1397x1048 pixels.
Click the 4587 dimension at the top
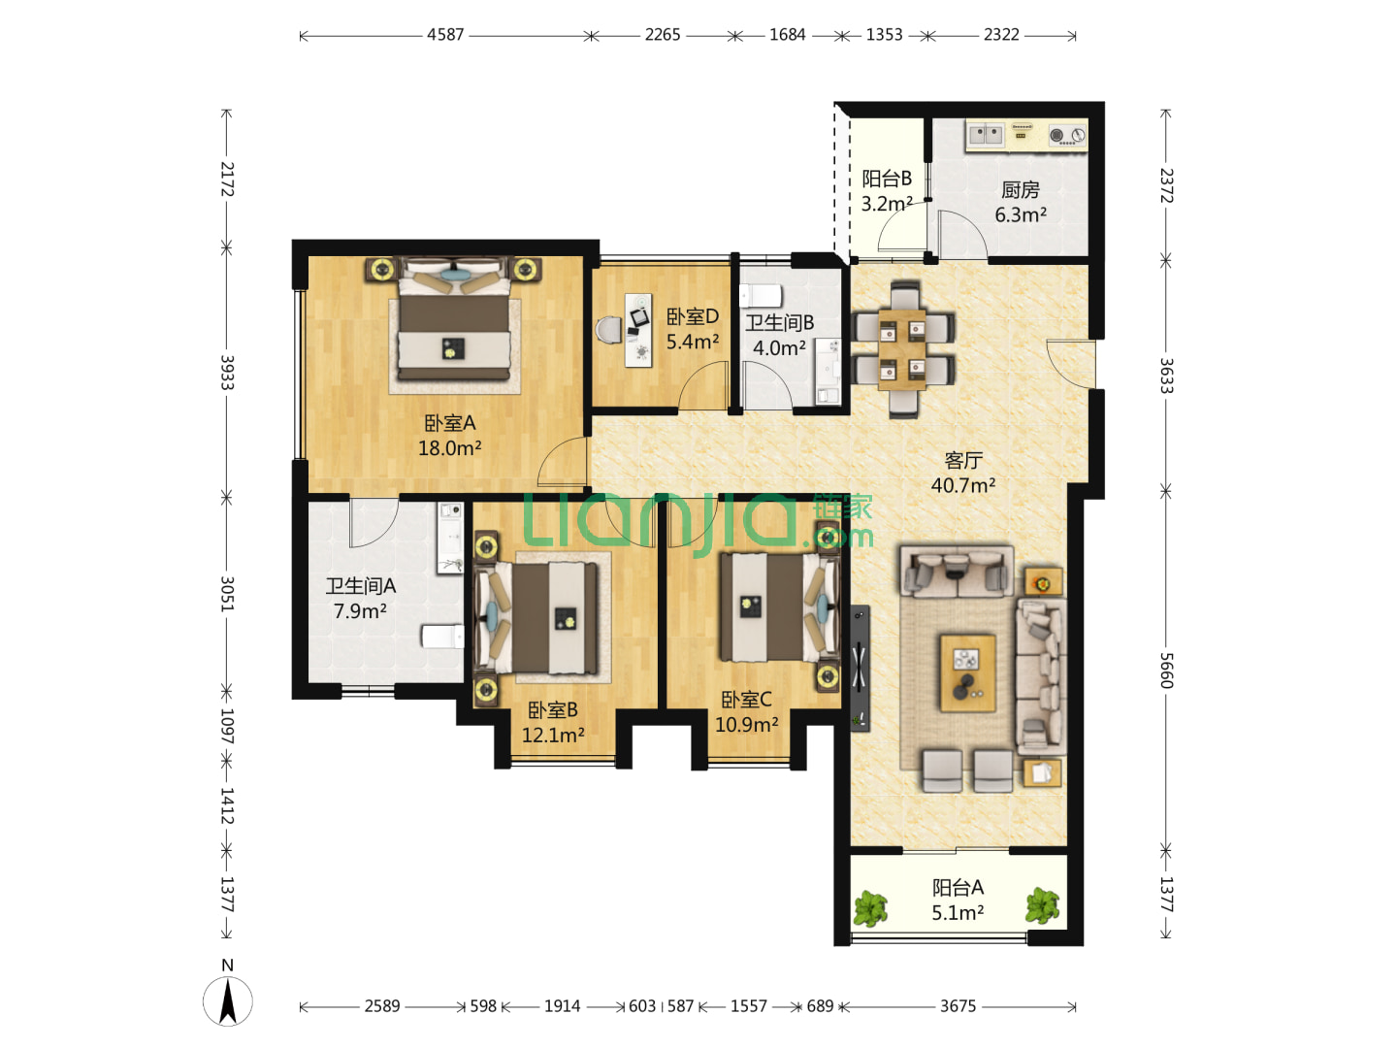click(445, 34)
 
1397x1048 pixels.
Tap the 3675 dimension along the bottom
click(958, 1006)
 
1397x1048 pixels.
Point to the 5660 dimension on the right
click(1165, 670)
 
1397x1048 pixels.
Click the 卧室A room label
click(449, 423)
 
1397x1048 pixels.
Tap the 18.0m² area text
click(449, 448)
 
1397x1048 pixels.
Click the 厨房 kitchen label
click(1020, 189)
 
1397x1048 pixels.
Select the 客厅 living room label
click(963, 460)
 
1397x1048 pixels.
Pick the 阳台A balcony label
click(958, 887)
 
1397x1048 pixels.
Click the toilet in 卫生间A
click(442, 636)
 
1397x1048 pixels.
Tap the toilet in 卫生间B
click(760, 297)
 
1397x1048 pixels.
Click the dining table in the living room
click(901, 349)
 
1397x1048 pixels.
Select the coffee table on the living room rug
click(967, 672)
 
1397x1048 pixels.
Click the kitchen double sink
click(986, 134)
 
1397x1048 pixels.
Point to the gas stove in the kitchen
click(1067, 136)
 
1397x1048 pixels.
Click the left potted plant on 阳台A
click(869, 908)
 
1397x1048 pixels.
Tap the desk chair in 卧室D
click(609, 330)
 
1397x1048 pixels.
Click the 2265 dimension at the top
click(662, 34)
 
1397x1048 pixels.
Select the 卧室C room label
click(746, 700)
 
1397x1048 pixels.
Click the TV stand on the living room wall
click(860, 668)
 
